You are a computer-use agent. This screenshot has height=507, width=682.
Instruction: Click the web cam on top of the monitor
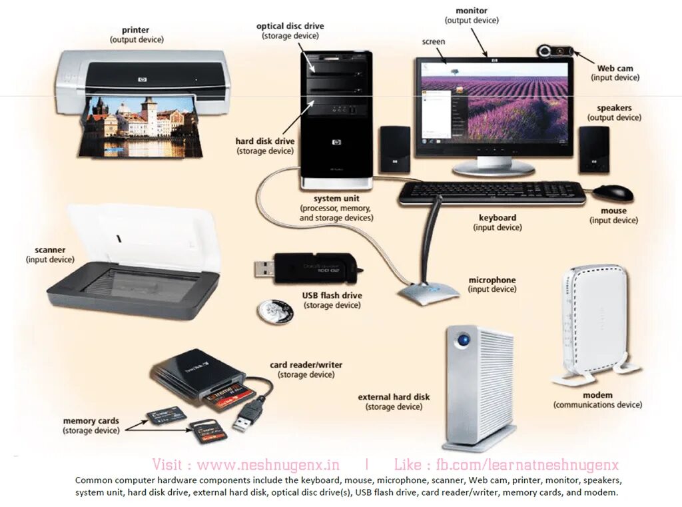[x=557, y=51]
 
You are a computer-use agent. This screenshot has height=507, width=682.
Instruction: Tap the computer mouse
[x=613, y=193]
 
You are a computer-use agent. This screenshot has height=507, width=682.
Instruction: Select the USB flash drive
[x=306, y=268]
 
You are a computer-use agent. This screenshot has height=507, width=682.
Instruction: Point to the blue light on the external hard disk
[x=462, y=340]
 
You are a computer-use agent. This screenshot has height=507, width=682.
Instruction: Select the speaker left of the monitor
[x=395, y=149]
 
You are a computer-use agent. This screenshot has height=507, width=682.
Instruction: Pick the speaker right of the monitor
[x=593, y=149]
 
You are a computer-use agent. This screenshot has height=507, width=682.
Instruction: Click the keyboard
[x=492, y=193]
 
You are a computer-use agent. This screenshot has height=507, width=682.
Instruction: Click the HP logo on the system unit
[x=336, y=143]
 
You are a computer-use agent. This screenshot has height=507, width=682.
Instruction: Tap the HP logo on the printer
[x=142, y=80]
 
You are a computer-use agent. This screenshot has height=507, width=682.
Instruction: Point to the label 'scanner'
[x=51, y=250]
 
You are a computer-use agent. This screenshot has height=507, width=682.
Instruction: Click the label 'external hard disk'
[x=394, y=397]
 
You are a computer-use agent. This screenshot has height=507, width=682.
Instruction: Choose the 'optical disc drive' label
[x=290, y=26]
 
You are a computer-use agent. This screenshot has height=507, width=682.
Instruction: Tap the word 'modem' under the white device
[x=597, y=395]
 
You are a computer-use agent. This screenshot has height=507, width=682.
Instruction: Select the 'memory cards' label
[x=91, y=421]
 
